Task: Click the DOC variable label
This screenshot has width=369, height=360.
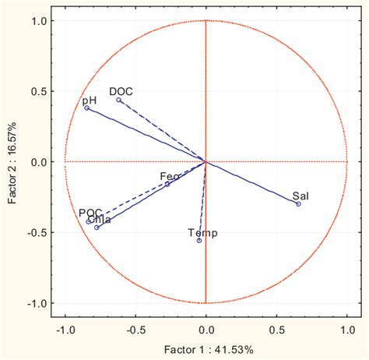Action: click(121, 91)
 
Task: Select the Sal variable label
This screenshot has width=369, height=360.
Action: click(300, 196)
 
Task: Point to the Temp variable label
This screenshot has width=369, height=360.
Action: click(203, 233)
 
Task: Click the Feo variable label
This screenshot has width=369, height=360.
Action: click(170, 177)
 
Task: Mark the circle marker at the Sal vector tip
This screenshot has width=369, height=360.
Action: click(298, 204)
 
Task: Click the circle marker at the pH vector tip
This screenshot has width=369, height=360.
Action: click(87, 108)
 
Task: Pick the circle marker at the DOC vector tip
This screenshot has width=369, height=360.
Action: click(119, 100)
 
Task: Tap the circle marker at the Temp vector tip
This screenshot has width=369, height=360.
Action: click(199, 241)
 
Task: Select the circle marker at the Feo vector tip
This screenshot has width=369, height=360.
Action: click(167, 185)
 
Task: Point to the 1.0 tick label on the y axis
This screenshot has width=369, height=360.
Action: click(38, 20)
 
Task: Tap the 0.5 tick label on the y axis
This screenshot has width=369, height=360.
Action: click(38, 91)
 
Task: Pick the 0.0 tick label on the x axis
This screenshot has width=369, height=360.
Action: click(206, 330)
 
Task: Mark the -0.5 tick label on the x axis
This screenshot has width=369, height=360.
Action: click(135, 330)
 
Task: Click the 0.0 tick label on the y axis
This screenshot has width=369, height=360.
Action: click(38, 162)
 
